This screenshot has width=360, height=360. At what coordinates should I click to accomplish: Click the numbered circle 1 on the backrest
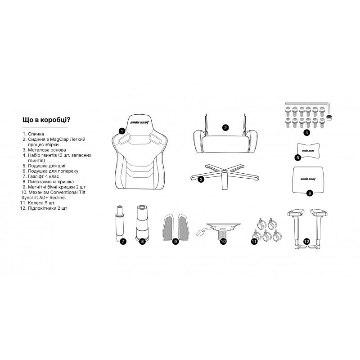(x=121, y=130)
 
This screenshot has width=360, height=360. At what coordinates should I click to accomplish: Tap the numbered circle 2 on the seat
(x=225, y=127)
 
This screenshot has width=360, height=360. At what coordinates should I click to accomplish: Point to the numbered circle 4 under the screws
(x=306, y=133)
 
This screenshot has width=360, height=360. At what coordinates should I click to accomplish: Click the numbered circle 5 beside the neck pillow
(x=298, y=157)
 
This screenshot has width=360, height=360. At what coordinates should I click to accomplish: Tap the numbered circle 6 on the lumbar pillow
(x=309, y=193)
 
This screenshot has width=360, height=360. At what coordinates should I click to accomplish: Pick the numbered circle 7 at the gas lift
(x=123, y=241)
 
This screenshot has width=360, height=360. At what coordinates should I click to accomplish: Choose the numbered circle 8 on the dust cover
(x=143, y=241)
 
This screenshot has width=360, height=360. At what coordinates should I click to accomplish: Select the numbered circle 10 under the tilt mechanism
(x=223, y=241)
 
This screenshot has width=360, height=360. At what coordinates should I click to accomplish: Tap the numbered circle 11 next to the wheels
(x=254, y=241)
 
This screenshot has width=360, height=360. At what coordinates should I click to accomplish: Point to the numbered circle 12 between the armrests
(x=306, y=241)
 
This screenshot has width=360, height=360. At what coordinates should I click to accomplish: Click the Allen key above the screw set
(x=310, y=104)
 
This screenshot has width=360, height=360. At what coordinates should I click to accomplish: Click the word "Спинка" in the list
(x=36, y=134)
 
